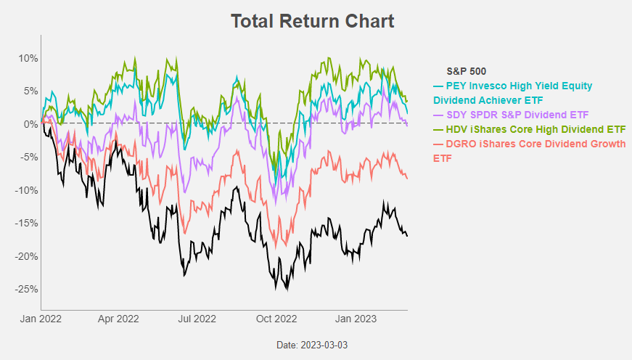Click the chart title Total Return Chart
(x=313, y=21)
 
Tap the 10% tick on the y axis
(x=28, y=58)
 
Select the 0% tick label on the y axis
(x=30, y=124)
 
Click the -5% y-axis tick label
(x=29, y=157)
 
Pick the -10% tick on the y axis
(x=27, y=190)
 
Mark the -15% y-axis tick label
(x=27, y=223)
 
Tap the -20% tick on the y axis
(x=27, y=256)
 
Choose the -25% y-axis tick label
(x=27, y=289)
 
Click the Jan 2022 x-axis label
(x=41, y=318)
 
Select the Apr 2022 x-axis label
(x=118, y=318)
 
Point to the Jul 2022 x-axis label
(x=197, y=318)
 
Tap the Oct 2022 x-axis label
(x=276, y=318)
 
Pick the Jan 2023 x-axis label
(x=355, y=318)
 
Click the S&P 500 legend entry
(x=465, y=72)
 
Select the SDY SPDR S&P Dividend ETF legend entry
(x=511, y=115)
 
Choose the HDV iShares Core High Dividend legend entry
(x=529, y=129)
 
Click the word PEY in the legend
(x=456, y=86)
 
